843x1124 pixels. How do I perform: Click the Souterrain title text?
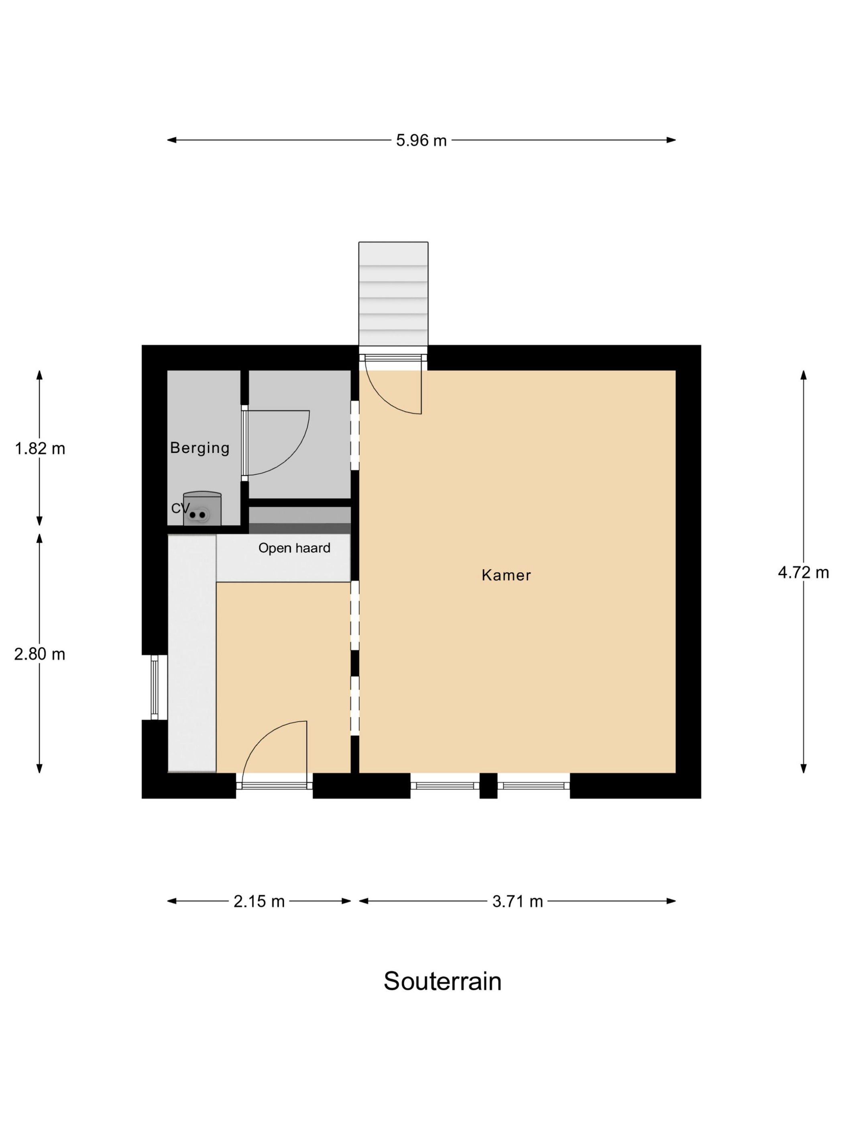(442, 981)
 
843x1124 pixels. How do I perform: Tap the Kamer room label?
(506, 575)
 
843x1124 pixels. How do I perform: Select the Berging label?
(200, 448)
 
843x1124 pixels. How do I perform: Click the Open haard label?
(294, 548)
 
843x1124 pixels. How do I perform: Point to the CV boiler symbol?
(202, 508)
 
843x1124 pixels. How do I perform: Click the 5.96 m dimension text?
(421, 140)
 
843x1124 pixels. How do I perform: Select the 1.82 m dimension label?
(40, 449)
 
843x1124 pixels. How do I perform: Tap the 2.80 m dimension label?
(40, 654)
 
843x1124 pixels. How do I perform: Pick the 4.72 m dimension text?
(803, 573)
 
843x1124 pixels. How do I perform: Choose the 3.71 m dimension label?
(518, 902)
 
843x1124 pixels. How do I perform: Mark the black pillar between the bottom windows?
(488, 786)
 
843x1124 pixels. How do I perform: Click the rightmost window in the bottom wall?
(533, 786)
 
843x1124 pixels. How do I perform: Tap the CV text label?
(180, 508)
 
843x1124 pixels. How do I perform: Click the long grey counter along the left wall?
(192, 654)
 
